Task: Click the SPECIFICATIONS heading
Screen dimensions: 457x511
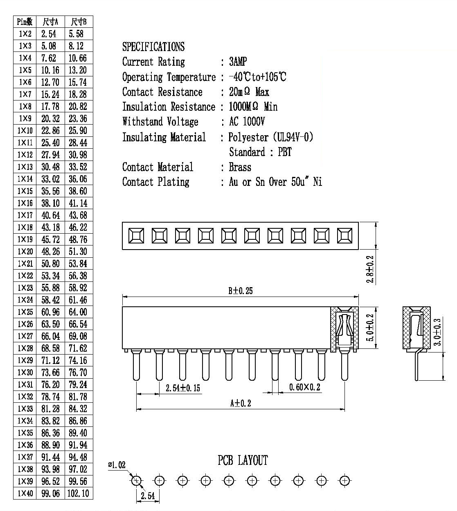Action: click(153, 47)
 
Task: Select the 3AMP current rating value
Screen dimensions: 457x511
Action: click(238, 62)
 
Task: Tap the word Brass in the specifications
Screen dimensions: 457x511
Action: click(240, 167)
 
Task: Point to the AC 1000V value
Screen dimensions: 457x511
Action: click(247, 122)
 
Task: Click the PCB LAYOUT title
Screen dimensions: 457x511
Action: click(243, 460)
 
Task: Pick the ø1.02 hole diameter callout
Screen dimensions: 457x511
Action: click(117, 464)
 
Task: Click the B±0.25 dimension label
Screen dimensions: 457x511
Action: click(240, 291)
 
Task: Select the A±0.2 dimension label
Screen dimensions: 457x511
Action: click(241, 403)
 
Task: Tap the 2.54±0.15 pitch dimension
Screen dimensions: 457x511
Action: click(182, 388)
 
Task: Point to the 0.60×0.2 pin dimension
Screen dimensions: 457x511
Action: click(304, 387)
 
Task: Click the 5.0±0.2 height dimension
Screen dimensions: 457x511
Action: click(370, 327)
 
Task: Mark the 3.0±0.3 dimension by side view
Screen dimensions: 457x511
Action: click(437, 332)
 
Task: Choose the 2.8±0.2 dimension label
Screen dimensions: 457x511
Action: click(370, 269)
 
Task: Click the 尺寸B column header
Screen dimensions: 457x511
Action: click(79, 22)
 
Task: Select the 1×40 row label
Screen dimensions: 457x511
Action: click(25, 493)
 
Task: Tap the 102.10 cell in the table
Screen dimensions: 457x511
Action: click(78, 493)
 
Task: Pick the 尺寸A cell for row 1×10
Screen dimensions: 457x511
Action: click(50, 130)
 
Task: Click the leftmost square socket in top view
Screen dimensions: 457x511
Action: click(136, 236)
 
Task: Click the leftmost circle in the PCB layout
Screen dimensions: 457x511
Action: click(136, 480)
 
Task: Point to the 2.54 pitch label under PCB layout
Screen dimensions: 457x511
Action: click(148, 495)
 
